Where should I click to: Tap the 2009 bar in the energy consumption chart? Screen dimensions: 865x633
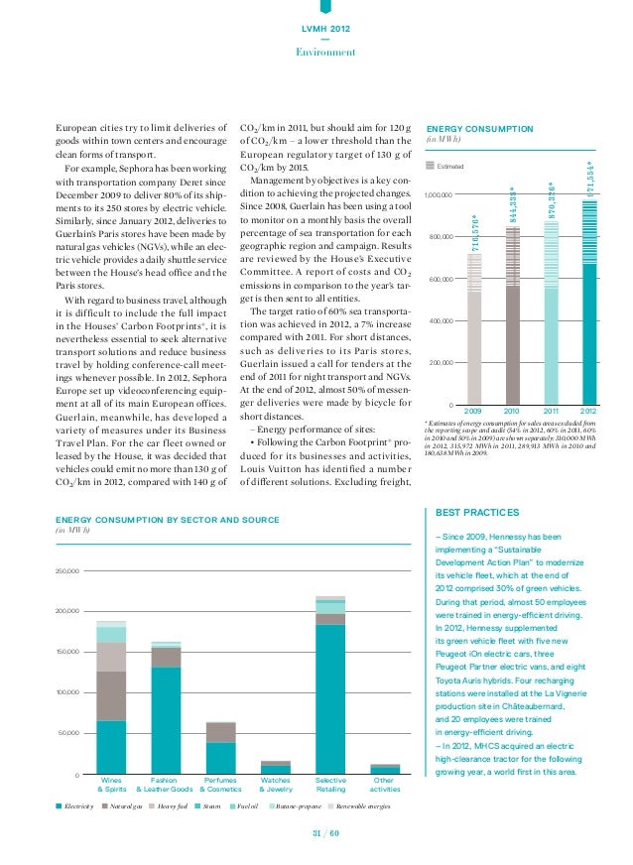point(473,332)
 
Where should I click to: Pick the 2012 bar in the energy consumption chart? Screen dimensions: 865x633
point(589,308)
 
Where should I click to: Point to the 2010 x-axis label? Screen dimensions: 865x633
point(512,411)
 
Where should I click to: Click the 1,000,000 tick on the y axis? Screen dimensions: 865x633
point(438,194)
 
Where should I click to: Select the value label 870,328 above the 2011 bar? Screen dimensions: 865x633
point(553,200)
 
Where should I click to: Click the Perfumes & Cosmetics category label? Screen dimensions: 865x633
point(221,785)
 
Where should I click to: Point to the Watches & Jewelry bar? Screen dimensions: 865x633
point(276,767)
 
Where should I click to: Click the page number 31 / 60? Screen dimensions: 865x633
point(326,833)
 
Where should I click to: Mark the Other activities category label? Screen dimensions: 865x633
point(385,785)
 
